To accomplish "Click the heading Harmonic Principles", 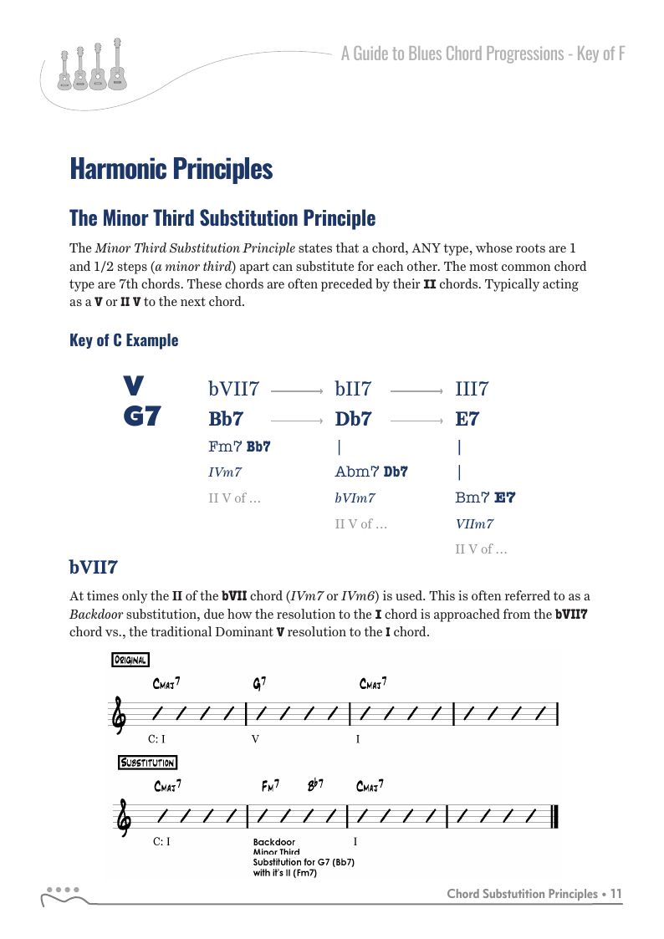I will coord(171,169).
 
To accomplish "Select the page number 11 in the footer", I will coord(616,894).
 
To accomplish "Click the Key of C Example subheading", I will coord(124,340).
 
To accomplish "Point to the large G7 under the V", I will coord(141,417).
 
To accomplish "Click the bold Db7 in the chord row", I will coord(353,418).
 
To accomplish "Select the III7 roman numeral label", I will coord(472,389).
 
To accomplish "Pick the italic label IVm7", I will coord(225,472).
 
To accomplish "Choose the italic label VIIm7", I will coord(474,524).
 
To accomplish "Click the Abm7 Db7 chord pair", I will coord(371,472).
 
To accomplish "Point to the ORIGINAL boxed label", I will coord(130,660).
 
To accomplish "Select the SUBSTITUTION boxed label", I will coord(147,763).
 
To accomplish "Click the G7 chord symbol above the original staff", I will coord(259,684).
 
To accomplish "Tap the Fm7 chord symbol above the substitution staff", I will coord(270,786).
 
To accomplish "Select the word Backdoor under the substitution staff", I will coord(273,842).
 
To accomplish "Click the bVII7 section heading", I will coord(93,568).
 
